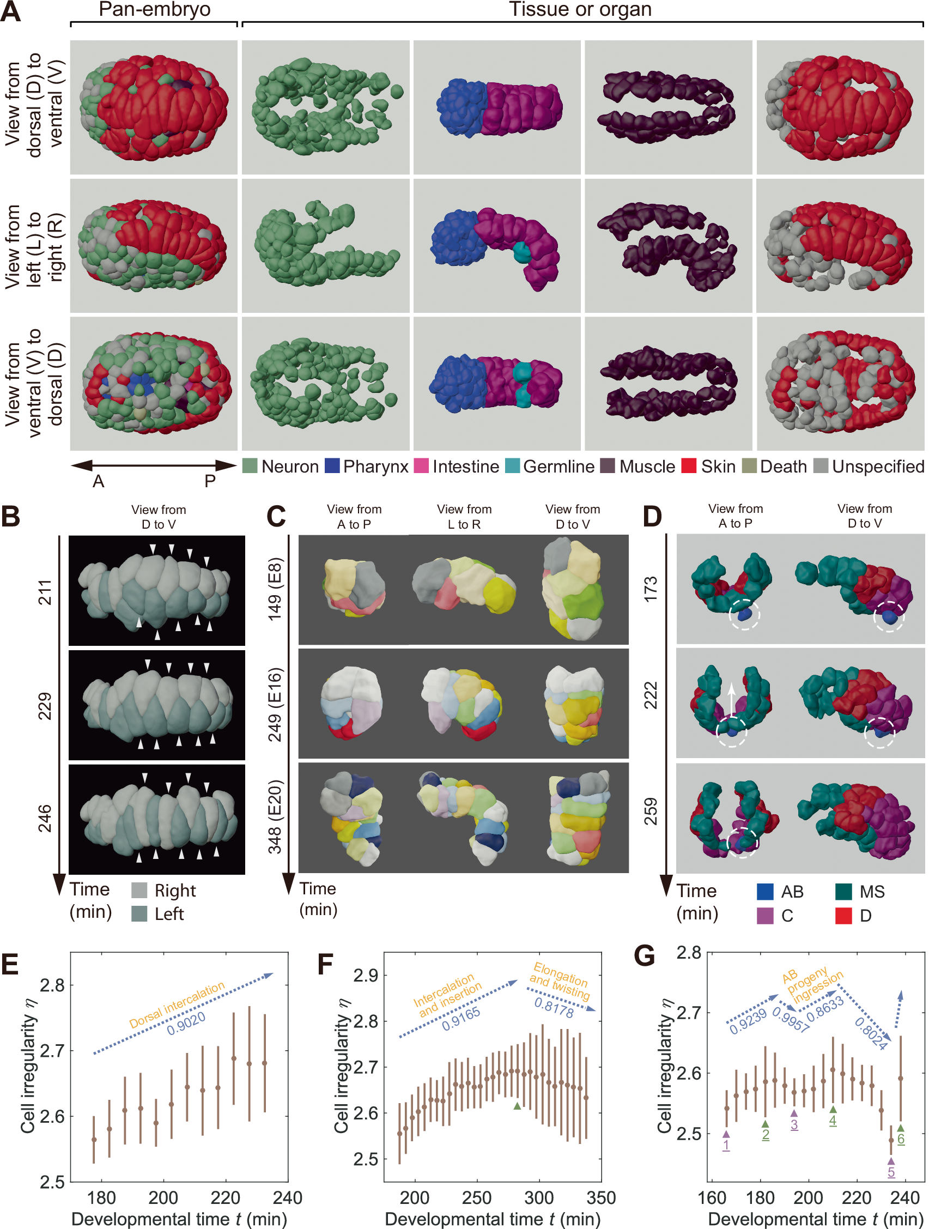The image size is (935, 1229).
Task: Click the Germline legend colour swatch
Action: coord(512,466)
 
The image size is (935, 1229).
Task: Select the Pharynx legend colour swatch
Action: coord(332,466)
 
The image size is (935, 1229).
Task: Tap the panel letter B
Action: coord(10,517)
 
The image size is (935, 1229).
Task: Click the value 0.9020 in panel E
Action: coord(186,1024)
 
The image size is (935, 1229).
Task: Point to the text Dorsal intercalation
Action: coord(177,1005)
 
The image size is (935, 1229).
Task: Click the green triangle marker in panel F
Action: coord(517,1106)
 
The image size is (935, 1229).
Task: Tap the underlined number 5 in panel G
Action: coord(891,1172)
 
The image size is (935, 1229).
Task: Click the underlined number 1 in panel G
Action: coord(726,1145)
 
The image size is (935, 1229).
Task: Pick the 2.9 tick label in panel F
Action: coord(366,975)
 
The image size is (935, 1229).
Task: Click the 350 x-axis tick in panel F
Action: coord(600,1197)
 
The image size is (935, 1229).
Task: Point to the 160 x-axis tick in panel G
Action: coord(712,1197)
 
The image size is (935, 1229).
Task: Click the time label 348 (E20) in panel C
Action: coord(276,816)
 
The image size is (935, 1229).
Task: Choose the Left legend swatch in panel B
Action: coord(139,913)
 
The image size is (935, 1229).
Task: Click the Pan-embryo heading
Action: coord(154,9)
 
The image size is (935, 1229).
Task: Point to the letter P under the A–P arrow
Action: coord(210,481)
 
